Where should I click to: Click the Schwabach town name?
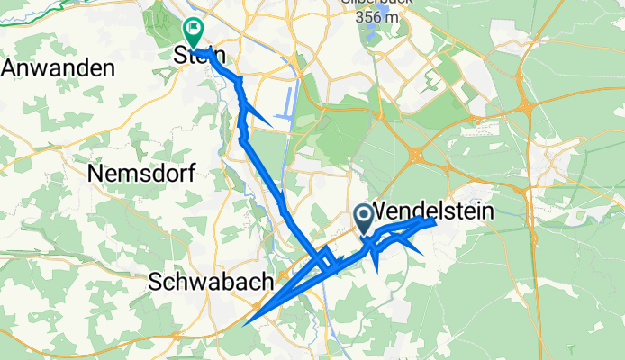click(213, 282)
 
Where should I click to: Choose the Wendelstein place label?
click(432, 211)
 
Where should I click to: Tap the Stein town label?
click(197, 55)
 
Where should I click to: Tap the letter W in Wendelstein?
click(380, 211)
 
